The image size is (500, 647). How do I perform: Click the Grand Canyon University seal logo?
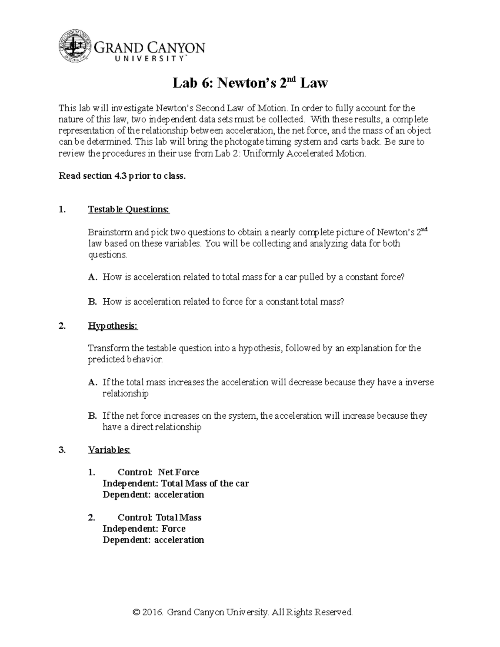pos(74,47)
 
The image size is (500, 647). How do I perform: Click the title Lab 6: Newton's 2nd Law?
pos(250,83)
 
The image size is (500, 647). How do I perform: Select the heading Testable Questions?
pos(129,209)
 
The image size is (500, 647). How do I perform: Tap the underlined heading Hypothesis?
pos(112,326)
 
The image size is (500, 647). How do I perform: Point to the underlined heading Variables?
pos(109,450)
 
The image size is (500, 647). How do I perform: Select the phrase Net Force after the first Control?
pos(178,472)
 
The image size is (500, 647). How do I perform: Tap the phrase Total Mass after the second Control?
pos(178,517)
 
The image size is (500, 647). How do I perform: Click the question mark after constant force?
pos(402,277)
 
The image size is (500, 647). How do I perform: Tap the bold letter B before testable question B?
pos(92,302)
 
